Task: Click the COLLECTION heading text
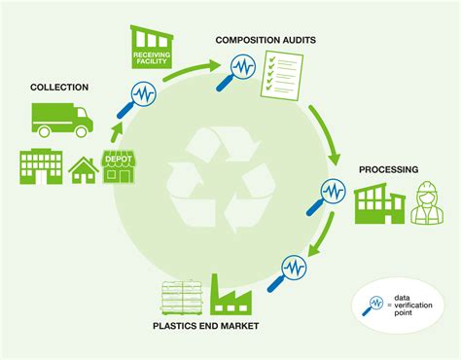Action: pos(58,88)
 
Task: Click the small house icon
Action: pos(82,169)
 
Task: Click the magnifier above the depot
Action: pos(143,96)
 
